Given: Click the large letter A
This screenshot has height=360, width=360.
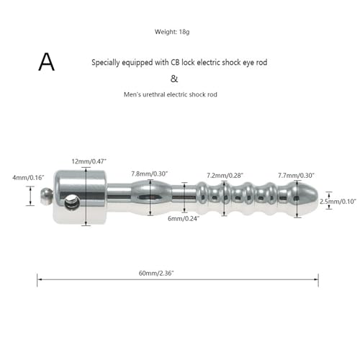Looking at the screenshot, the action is click(47, 62).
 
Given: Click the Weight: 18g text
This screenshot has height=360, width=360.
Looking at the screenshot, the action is click(172, 32).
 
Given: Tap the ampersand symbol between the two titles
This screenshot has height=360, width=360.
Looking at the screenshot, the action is click(174, 78).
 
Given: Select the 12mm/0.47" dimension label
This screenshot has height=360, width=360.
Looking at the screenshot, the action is click(89, 161).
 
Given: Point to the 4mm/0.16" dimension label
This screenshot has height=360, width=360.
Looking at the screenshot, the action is click(28, 178).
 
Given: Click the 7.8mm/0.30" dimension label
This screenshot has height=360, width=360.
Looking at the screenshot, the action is click(149, 174).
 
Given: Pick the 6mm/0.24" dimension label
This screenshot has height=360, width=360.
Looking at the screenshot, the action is click(184, 218).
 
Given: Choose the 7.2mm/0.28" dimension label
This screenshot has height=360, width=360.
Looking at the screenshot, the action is click(225, 176).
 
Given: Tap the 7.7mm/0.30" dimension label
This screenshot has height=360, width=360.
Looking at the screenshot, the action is click(296, 176).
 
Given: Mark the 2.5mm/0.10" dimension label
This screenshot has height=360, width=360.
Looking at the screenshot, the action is click(338, 202).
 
